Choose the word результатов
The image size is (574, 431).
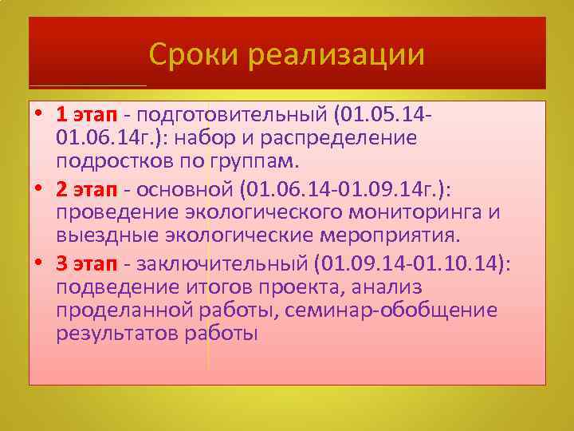[x=112, y=334]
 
